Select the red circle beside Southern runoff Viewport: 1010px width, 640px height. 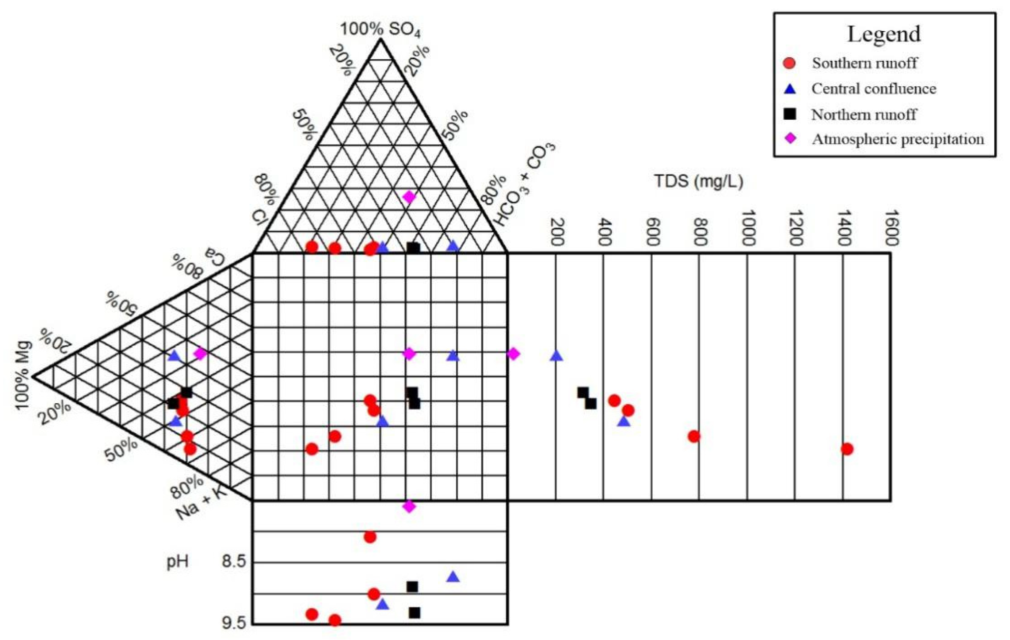(x=789, y=63)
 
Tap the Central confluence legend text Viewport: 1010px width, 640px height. (x=874, y=89)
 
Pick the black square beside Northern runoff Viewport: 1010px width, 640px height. (x=789, y=114)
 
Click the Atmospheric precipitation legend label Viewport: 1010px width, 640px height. (x=898, y=139)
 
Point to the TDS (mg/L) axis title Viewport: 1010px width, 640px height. (x=699, y=181)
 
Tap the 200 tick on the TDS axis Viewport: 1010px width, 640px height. (x=557, y=232)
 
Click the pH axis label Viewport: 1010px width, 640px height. (x=177, y=561)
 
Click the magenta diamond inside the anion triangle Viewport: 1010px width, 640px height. (x=409, y=196)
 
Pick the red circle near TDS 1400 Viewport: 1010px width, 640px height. (x=847, y=449)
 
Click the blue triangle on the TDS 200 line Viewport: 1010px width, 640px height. (x=556, y=355)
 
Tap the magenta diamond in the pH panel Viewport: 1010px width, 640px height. (x=409, y=506)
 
